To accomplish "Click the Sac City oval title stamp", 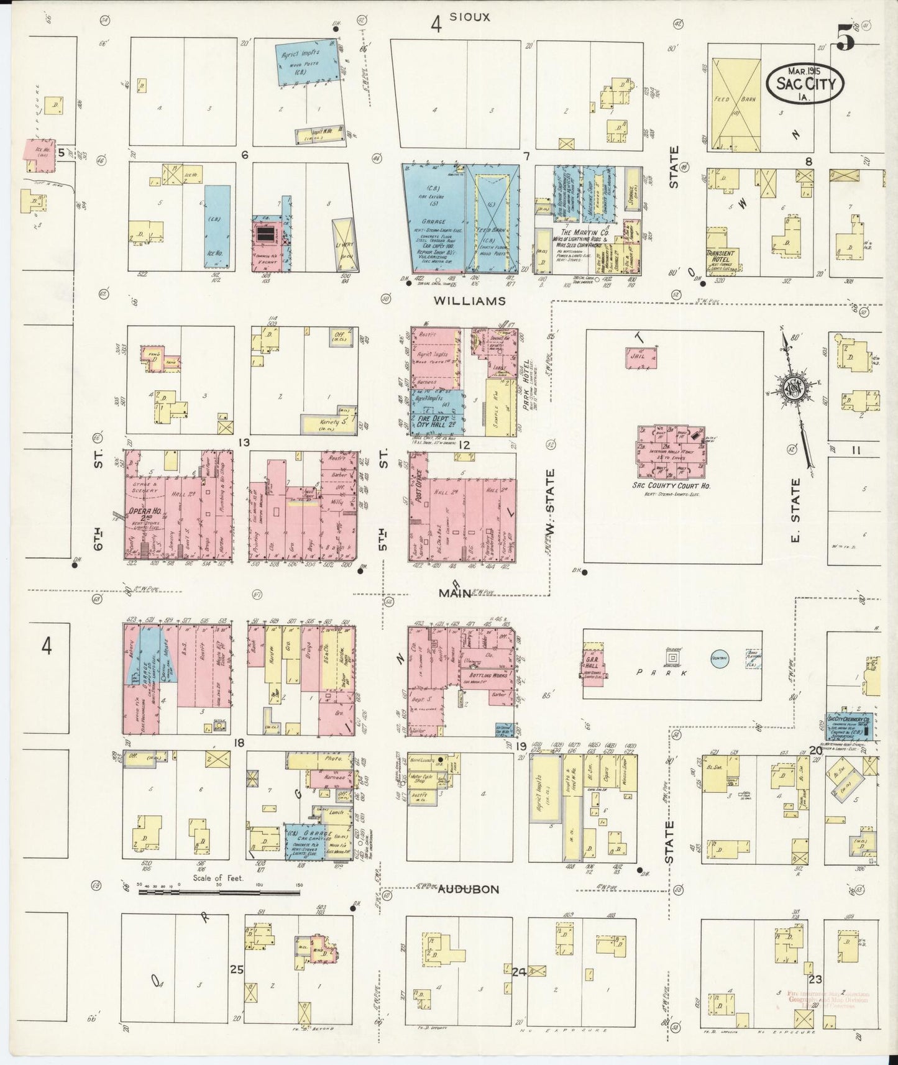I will pos(805,83).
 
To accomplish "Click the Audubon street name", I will pos(468,889).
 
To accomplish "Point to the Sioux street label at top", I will pos(470,17).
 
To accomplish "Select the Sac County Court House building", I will pos(671,451).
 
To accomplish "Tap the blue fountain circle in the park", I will pos(720,659).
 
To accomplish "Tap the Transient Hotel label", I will pos(720,257).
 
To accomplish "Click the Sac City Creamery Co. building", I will pos(849,725).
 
